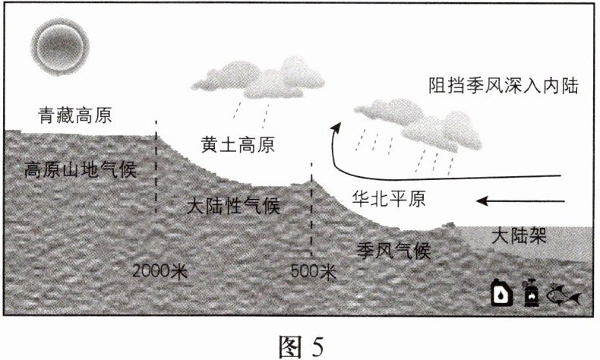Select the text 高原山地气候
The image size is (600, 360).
pyautogui.click(x=81, y=169)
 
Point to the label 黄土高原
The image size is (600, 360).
pyautogui.click(x=238, y=144)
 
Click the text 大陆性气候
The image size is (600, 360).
pyautogui.click(x=233, y=205)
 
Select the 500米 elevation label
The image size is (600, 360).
pyautogui.click(x=313, y=270)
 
